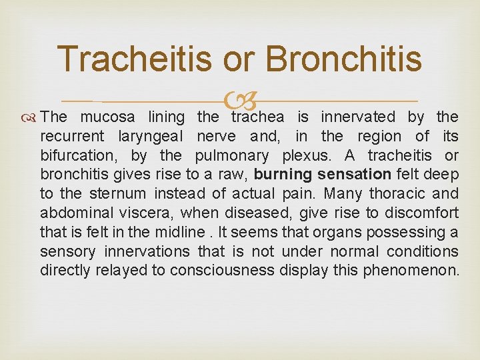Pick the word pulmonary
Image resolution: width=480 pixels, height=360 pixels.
pyautogui.click(x=232, y=156)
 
